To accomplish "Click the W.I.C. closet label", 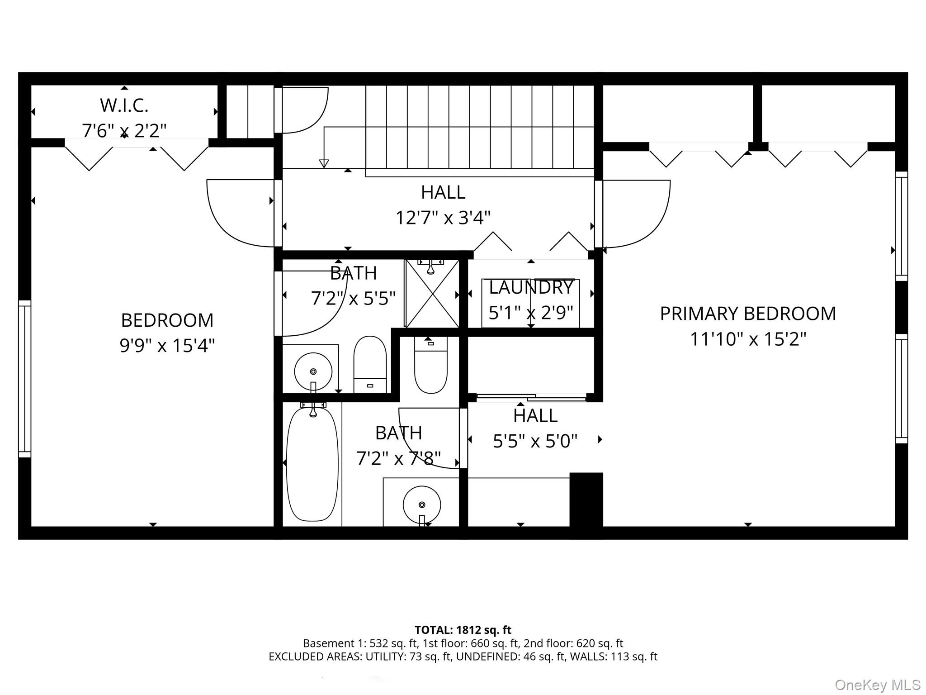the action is point(124,106).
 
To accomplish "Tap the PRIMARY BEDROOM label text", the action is point(748,314).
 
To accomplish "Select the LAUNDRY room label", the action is point(531,287).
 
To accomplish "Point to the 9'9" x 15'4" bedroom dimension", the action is point(167,346).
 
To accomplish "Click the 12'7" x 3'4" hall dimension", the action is point(443,218).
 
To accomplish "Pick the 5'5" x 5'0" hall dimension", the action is point(535,441).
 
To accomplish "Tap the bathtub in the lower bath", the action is point(312,463).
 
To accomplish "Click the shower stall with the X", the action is point(432,294).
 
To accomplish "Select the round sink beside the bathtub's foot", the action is point(422,505).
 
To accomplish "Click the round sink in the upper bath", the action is point(313,371).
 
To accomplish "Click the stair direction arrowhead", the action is point(324,163).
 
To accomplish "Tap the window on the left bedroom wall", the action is point(25,379).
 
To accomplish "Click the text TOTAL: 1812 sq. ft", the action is point(463,630).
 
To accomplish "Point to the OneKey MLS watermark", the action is point(878,685).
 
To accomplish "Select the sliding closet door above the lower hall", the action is point(531,397).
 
